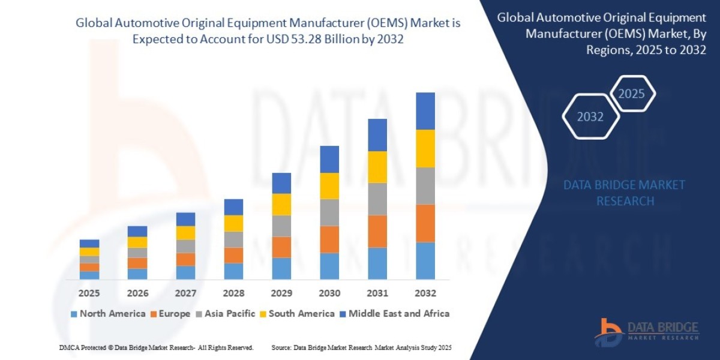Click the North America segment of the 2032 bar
click(x=425, y=260)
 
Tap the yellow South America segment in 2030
click(x=329, y=186)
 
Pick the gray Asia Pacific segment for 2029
click(x=281, y=226)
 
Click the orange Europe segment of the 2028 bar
click(x=233, y=255)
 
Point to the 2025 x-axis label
click(x=89, y=293)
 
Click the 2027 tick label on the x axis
click(x=185, y=293)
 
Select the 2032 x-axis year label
click(x=425, y=293)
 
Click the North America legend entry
click(x=108, y=313)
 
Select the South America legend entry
click(x=296, y=313)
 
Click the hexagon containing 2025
click(x=631, y=94)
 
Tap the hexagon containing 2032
click(x=590, y=117)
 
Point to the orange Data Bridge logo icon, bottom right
click(x=608, y=332)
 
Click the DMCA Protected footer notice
click(x=157, y=347)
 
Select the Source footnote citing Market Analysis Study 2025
click(x=361, y=347)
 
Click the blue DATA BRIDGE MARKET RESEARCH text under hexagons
click(x=625, y=193)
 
